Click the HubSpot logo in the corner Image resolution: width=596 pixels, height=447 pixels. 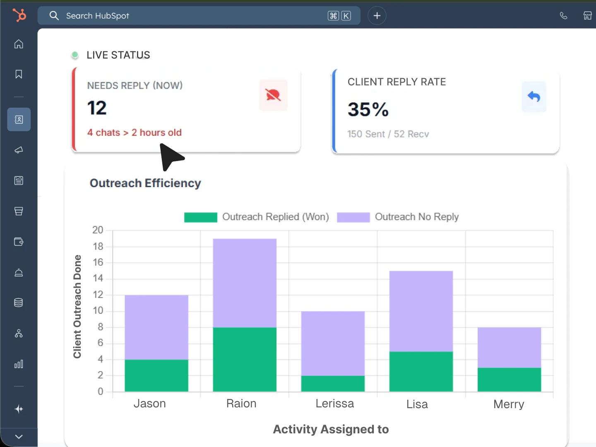click(x=19, y=15)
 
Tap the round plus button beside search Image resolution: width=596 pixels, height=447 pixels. click(x=377, y=16)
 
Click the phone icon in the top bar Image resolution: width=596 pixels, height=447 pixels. click(x=563, y=16)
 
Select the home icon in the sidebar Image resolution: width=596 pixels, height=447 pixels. click(x=19, y=44)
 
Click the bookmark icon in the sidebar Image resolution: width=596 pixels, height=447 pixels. click(x=19, y=74)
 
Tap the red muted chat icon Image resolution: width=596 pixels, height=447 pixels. click(x=273, y=95)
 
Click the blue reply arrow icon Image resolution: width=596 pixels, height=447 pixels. click(x=534, y=97)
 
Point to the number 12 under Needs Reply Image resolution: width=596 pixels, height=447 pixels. click(x=97, y=108)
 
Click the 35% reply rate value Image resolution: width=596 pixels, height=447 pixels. click(x=368, y=110)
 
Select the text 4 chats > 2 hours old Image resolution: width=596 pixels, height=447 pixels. click(x=134, y=132)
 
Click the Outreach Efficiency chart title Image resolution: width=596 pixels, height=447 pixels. click(x=145, y=183)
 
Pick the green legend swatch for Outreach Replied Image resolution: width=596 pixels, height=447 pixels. click(x=200, y=217)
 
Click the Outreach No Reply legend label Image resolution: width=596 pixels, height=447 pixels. click(x=416, y=217)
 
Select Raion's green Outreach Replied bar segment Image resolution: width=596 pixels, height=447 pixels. click(x=245, y=359)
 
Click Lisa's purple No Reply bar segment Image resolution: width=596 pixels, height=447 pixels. click(x=421, y=311)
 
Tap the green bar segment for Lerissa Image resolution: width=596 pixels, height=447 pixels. click(x=333, y=384)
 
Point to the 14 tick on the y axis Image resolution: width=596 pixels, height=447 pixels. click(x=98, y=278)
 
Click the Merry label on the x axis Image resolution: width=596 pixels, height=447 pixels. click(x=509, y=404)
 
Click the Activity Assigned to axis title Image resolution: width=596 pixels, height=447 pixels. click(x=331, y=429)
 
